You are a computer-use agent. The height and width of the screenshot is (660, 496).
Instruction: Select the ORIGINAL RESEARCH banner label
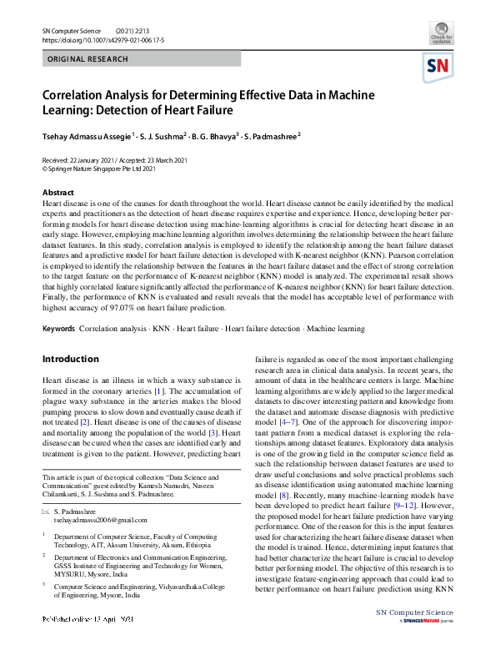pyautogui.click(x=88, y=60)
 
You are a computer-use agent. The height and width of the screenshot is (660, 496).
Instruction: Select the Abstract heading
pyautogui.click(x=58, y=193)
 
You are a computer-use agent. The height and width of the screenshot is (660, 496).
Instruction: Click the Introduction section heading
pyautogui.click(x=71, y=360)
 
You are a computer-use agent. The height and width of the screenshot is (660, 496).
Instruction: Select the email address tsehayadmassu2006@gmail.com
pyautogui.click(x=99, y=519)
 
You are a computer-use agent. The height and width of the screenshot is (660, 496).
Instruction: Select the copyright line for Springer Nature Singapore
pyautogui.click(x=99, y=168)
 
